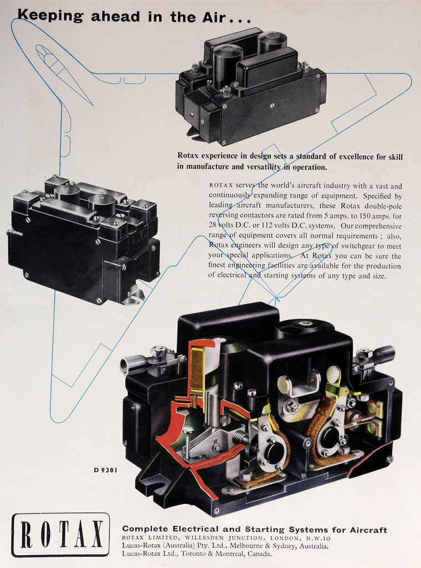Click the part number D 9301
tap(105, 470)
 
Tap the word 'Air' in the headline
tap(211, 17)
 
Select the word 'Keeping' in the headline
tap(50, 16)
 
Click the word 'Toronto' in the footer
tap(193, 554)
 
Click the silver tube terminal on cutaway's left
tap(131, 363)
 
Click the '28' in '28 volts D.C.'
tap(212, 225)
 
